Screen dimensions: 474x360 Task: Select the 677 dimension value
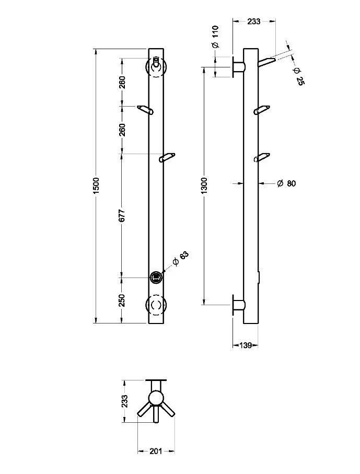click(122, 215)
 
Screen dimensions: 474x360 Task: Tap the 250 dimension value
click(122, 300)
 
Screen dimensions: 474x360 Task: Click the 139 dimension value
click(245, 345)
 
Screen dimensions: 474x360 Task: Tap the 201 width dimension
click(156, 450)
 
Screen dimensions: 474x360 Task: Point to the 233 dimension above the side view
click(253, 21)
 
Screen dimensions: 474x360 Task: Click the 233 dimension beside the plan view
click(125, 401)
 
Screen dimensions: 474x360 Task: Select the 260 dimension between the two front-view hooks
click(122, 130)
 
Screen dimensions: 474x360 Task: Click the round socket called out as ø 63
click(156, 277)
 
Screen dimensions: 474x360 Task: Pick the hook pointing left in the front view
click(145, 110)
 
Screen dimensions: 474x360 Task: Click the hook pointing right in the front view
click(167, 157)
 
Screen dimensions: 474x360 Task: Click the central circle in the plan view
click(156, 399)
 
